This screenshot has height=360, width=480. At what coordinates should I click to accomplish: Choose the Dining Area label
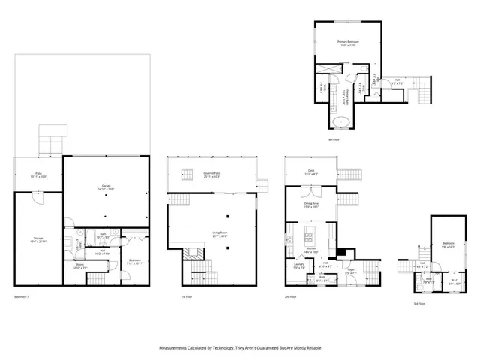pos(311,204)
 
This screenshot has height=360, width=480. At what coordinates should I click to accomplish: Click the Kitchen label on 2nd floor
pos(311,250)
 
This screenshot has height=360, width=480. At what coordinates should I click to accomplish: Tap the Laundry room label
pos(298,264)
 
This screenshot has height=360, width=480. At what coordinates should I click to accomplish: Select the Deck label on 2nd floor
pos(311,172)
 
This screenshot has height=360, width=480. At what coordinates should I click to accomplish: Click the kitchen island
pos(309,239)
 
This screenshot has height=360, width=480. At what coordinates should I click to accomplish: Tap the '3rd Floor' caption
pos(419,303)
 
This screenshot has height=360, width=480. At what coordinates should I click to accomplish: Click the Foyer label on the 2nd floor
pos(349,271)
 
